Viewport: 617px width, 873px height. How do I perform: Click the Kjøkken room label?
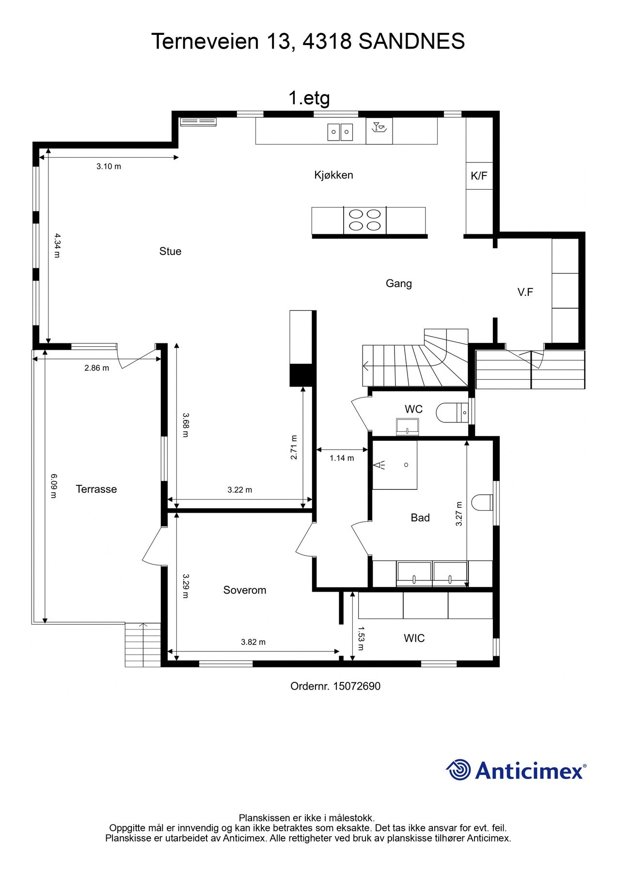(333, 175)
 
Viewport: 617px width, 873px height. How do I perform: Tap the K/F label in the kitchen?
(479, 176)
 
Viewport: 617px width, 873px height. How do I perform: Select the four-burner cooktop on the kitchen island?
(365, 220)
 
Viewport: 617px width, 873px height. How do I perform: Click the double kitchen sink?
(340, 131)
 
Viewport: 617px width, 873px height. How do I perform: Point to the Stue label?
(170, 251)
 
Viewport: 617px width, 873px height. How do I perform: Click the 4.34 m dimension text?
(57, 245)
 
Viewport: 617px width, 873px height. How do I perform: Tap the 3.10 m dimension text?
(109, 166)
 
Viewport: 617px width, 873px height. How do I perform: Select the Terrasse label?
(96, 489)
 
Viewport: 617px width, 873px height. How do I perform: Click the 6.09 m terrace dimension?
(54, 485)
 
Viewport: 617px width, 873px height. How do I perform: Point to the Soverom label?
(244, 590)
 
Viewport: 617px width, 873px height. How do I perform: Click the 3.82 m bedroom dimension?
(253, 642)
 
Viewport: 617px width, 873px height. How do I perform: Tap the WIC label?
(414, 638)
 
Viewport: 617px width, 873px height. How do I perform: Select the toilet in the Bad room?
(482, 502)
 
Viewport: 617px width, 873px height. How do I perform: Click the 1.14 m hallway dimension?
(342, 458)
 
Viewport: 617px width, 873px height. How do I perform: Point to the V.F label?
(525, 292)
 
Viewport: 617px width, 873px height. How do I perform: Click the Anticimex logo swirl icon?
(459, 770)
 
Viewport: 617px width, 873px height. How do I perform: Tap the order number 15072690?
(357, 686)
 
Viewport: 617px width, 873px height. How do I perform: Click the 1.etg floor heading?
(309, 98)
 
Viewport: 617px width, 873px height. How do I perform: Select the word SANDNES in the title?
(411, 42)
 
